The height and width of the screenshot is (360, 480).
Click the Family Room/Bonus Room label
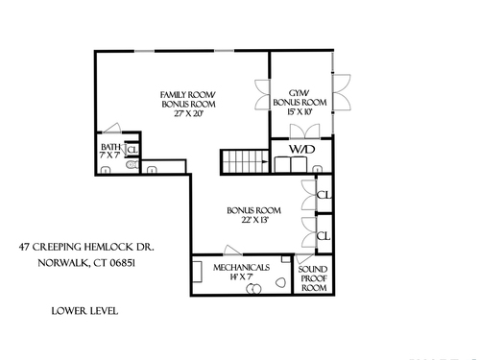click(188, 100)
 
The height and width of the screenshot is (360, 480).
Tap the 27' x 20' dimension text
click(188, 113)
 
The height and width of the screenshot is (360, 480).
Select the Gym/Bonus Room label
click(300, 98)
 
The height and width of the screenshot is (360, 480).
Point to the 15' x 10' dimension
click(300, 112)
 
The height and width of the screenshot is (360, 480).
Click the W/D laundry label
click(302, 149)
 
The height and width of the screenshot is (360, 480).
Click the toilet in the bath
click(132, 165)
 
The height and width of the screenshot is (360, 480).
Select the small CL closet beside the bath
click(132, 150)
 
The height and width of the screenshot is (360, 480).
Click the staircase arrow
click(265, 161)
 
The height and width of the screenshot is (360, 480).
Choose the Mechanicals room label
click(242, 267)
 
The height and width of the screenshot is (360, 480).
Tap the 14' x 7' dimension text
click(242, 277)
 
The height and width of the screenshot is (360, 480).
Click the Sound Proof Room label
click(313, 278)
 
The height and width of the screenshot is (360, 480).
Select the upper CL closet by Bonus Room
click(324, 195)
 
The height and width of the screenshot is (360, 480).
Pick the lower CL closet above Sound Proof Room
click(324, 236)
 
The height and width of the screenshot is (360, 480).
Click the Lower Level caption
click(84, 311)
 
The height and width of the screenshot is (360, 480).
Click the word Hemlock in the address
click(105, 247)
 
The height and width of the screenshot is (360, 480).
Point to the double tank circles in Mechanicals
click(253, 289)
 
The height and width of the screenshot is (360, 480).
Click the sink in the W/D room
click(318, 169)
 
